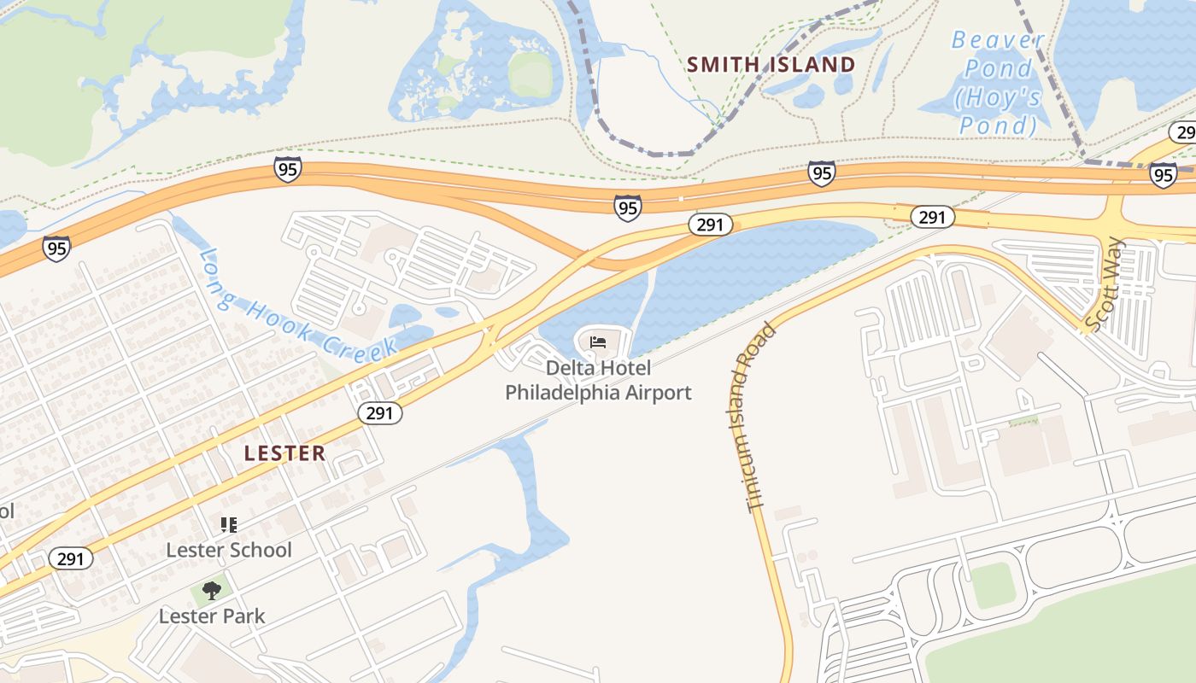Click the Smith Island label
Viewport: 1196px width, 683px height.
tap(771, 65)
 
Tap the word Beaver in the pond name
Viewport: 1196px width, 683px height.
tap(997, 40)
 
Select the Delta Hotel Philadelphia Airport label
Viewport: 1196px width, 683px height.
tap(598, 381)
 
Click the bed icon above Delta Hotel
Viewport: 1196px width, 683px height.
tap(598, 342)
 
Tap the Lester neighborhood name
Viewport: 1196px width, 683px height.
tap(284, 453)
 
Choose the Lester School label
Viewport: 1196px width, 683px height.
tap(229, 550)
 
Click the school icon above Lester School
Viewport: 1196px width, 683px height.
tap(228, 524)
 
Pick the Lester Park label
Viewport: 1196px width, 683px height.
tap(212, 616)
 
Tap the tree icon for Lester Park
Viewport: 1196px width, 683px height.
tap(211, 590)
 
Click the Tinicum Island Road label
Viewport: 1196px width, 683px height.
tap(753, 417)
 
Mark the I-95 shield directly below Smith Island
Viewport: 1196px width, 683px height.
tap(821, 173)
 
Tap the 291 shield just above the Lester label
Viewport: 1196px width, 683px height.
tap(379, 413)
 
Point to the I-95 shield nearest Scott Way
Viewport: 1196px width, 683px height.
tap(1162, 175)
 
